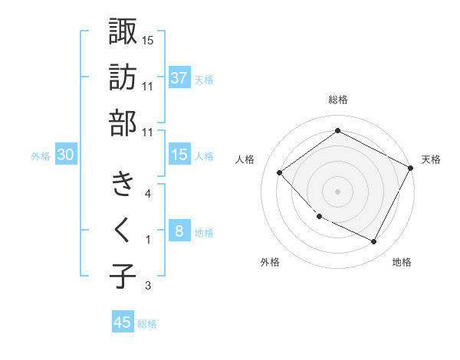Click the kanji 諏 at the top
[x=123, y=31]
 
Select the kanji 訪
[x=123, y=77]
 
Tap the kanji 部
[x=123, y=123]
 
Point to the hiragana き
[x=123, y=185]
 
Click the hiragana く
[x=123, y=231]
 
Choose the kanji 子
[x=123, y=276]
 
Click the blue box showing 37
[x=179, y=78]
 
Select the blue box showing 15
[x=179, y=155]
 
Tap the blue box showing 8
[x=179, y=232]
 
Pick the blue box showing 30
[x=66, y=155]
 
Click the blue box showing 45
[x=123, y=322]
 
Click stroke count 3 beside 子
[x=147, y=286]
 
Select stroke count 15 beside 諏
[x=147, y=40]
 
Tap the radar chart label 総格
[x=337, y=100]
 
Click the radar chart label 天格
[x=431, y=159]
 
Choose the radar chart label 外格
[x=270, y=263]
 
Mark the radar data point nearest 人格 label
[x=280, y=172]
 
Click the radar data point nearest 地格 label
[x=373, y=242]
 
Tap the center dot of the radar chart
[x=337, y=191]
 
